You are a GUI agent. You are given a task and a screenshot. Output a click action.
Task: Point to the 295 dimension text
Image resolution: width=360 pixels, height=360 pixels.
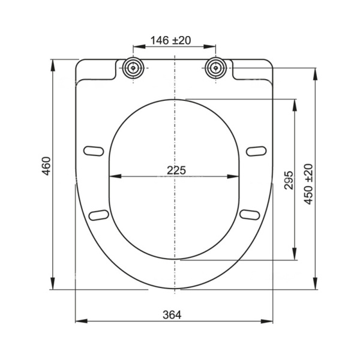point(287,179)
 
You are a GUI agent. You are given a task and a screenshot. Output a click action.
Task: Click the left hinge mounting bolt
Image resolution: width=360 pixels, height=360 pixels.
point(133,67)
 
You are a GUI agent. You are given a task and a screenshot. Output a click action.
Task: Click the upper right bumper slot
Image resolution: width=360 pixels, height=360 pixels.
point(256,149)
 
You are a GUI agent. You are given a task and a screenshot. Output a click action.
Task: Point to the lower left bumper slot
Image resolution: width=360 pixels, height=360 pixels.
point(98,214)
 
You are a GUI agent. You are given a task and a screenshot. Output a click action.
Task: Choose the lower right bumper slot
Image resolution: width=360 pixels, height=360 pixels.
point(249,214)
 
